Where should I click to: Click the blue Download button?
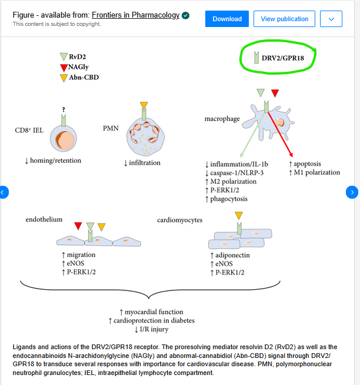click(227, 19)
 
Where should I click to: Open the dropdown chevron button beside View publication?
click(331, 19)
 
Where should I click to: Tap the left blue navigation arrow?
click(4, 192)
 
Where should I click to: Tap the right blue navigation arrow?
click(352, 192)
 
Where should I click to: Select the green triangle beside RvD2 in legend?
click(64, 57)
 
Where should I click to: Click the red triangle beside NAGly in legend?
click(64, 68)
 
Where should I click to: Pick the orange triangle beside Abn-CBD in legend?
click(64, 78)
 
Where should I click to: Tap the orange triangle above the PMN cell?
click(144, 106)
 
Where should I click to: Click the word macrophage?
click(222, 119)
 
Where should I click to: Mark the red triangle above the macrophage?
click(275, 93)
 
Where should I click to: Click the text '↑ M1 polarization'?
click(315, 173)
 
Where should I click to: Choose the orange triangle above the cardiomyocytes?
click(238, 215)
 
